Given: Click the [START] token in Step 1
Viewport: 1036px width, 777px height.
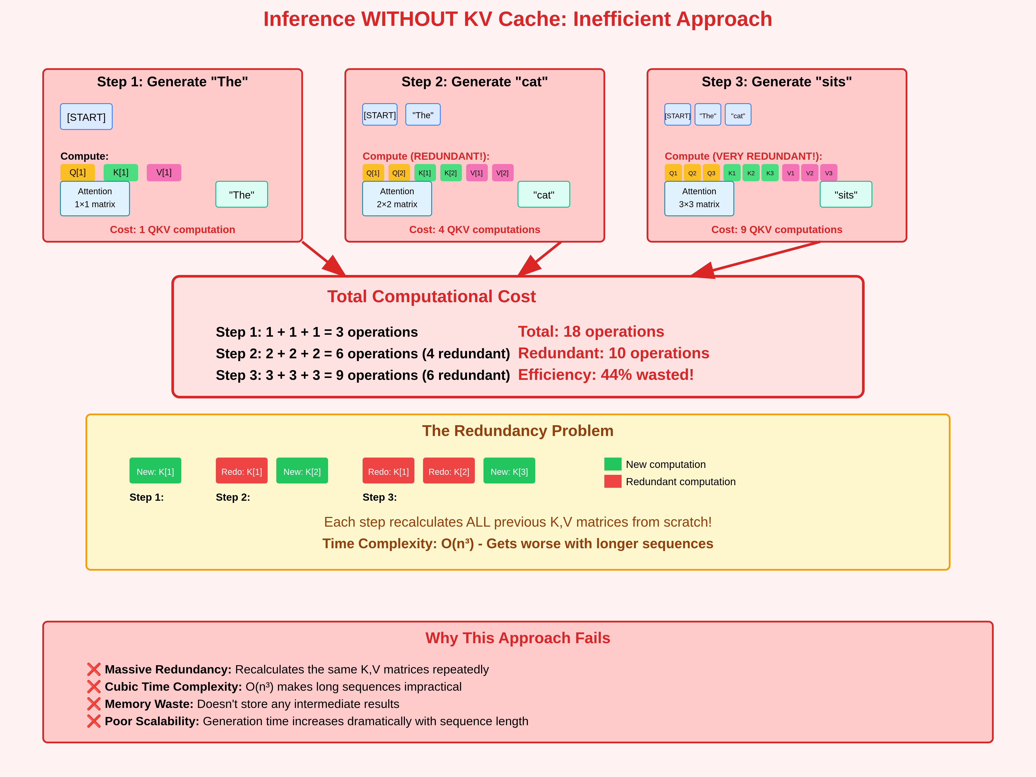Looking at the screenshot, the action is pyautogui.click(x=86, y=117).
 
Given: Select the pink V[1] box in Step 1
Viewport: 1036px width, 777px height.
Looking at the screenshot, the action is pyautogui.click(x=164, y=172).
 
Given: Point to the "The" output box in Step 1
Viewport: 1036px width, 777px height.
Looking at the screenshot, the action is pyautogui.click(x=242, y=194).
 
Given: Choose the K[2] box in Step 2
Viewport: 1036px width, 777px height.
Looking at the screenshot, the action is pyautogui.click(x=451, y=173).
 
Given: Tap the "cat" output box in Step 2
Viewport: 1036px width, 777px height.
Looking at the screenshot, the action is pyautogui.click(x=544, y=194).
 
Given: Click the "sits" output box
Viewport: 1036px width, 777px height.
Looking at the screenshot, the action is pyautogui.click(x=846, y=194).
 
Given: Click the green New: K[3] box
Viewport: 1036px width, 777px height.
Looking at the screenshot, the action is pyautogui.click(x=509, y=471).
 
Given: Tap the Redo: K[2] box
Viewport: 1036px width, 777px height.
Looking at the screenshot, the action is pyautogui.click(x=449, y=471).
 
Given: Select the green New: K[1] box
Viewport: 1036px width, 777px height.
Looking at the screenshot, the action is pyautogui.click(x=155, y=471).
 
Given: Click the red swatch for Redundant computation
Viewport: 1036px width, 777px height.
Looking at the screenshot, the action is pyautogui.click(x=613, y=482).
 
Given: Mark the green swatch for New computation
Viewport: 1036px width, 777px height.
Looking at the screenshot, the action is pyautogui.click(x=613, y=464).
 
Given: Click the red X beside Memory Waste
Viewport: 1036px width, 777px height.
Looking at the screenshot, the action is pyautogui.click(x=94, y=704).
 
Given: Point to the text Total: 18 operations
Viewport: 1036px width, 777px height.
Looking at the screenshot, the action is pyautogui.click(x=591, y=332).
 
